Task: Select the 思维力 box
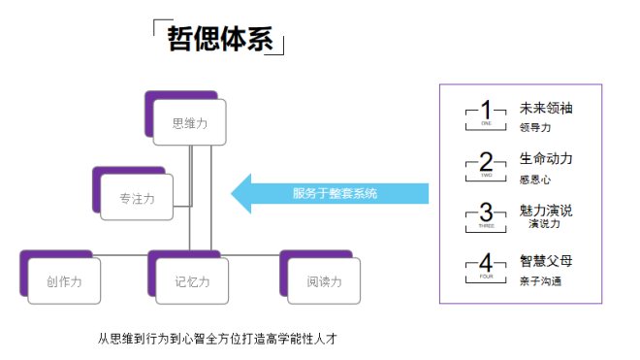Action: pos(189,123)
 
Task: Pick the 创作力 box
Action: pos(63,281)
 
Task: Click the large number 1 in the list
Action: pos(487,110)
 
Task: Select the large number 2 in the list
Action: pos(487,161)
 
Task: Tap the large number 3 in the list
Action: pos(487,213)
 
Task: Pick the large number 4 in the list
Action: pos(487,264)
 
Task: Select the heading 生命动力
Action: pos(546,158)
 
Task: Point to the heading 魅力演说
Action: pos(546,210)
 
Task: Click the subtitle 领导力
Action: pos(534,127)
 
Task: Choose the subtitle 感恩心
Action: pos(534,179)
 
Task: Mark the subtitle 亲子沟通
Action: pos(540,280)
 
